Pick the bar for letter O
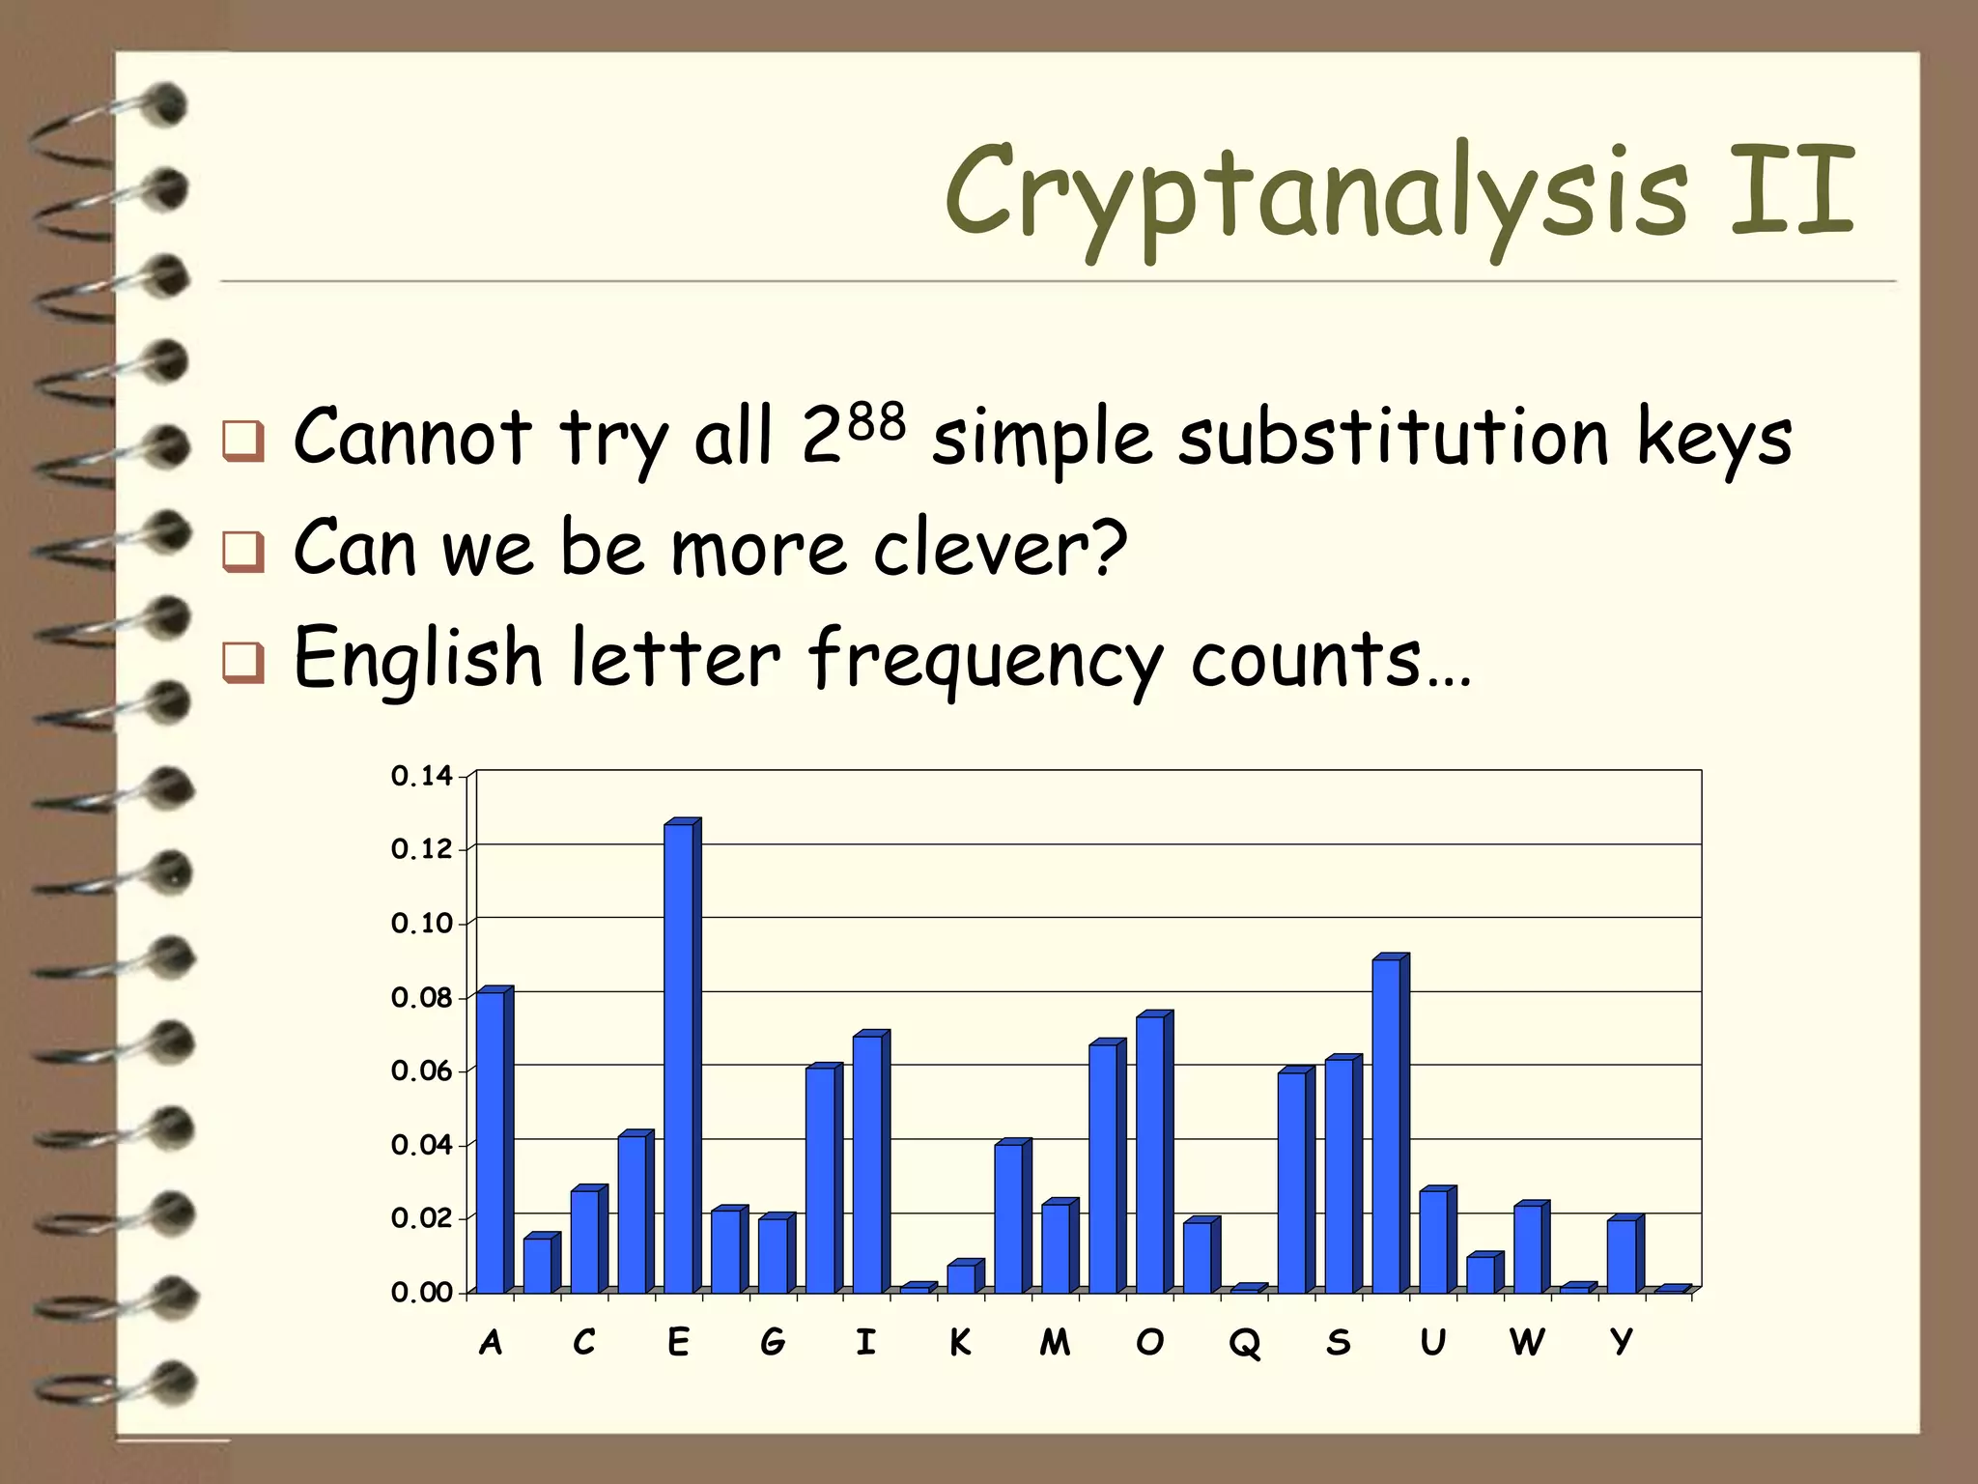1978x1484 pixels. pos(1150,1155)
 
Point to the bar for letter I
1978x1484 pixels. pos(867,1164)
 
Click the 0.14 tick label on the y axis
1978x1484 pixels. pos(421,776)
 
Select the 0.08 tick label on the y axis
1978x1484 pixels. pos(421,998)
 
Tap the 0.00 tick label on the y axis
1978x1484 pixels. pos(421,1293)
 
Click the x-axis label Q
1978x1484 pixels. pos(1244,1343)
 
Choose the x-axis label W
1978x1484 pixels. pos(1526,1342)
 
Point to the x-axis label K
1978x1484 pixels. pos(960,1342)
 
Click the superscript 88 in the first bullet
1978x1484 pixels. pos(877,423)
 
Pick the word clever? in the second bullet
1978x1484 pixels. pos(1001,548)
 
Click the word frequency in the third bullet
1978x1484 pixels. pos(985,661)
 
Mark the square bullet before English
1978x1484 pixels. pos(242,663)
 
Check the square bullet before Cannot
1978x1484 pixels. pos(242,441)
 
